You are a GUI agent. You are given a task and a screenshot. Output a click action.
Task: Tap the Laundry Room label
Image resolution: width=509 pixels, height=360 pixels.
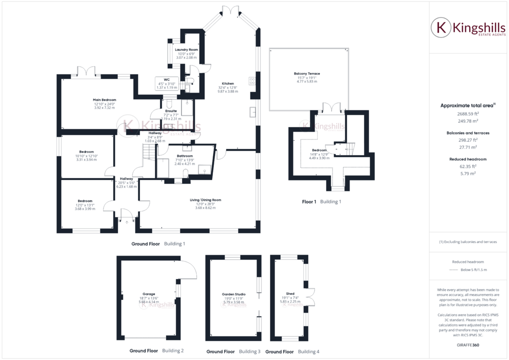[x=186, y=50]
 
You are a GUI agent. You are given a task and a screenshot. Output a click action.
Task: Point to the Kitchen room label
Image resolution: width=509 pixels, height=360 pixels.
[x=228, y=83]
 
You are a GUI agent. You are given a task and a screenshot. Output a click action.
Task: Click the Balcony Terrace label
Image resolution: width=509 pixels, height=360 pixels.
[x=307, y=73]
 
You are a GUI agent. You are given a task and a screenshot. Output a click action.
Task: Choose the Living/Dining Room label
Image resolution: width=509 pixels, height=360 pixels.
[x=205, y=200]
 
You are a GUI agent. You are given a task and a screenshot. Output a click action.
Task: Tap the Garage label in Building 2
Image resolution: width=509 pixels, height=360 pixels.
[x=148, y=294]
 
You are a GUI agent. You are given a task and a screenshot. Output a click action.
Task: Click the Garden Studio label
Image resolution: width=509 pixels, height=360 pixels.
[x=234, y=294]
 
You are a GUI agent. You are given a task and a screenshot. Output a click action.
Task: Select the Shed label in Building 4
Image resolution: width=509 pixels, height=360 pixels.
[x=290, y=294]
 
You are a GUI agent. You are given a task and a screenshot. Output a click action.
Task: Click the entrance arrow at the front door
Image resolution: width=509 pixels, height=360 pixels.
[x=126, y=221]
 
